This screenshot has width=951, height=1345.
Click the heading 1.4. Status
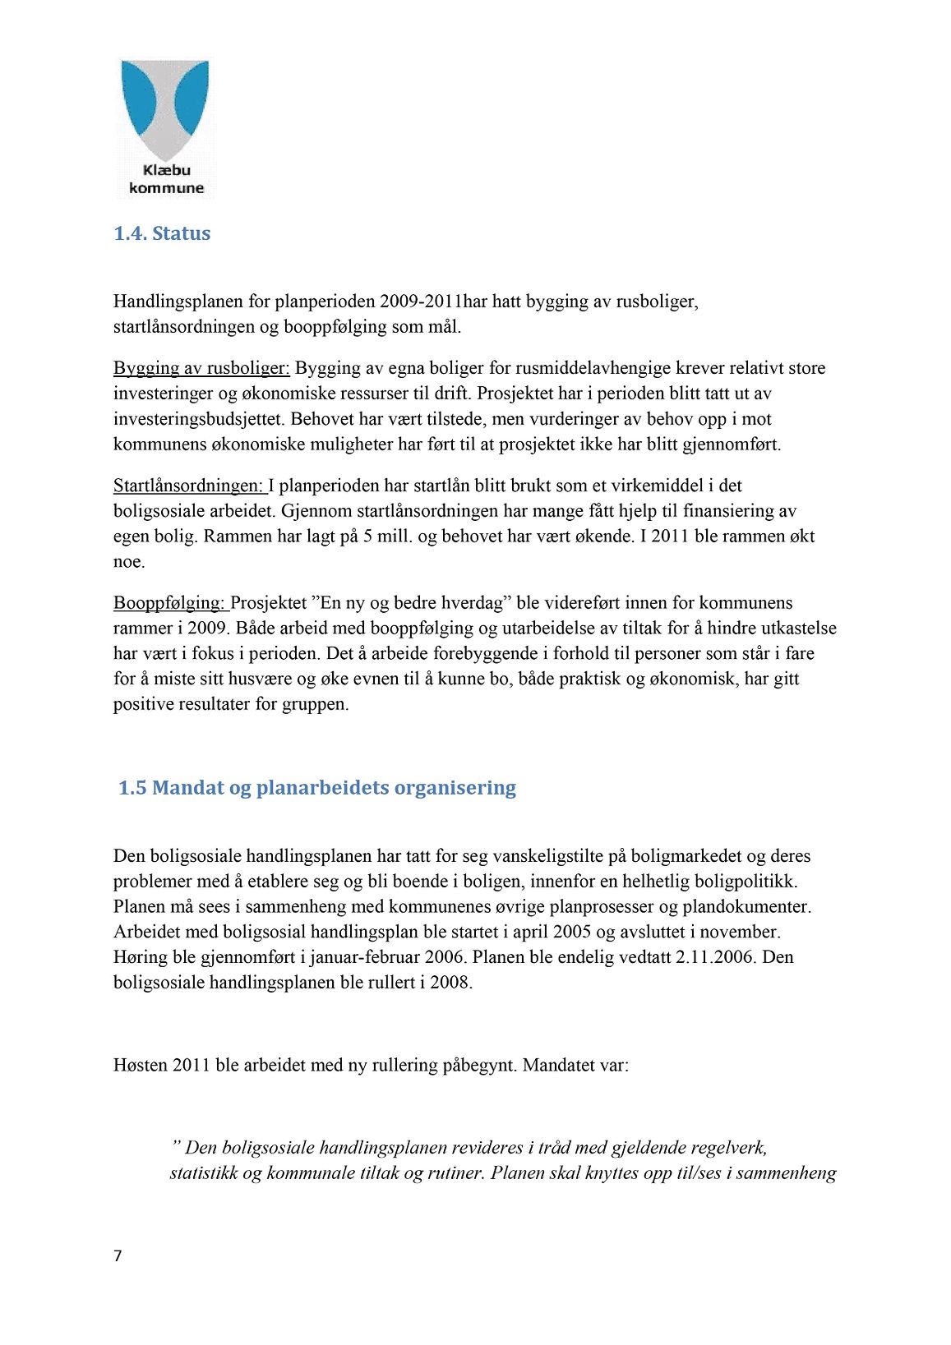pos(162,233)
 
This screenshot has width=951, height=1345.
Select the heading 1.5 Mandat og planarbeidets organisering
pos(317,788)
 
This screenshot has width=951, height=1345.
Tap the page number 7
pos(118,1255)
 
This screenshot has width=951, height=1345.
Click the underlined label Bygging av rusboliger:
pos(201,368)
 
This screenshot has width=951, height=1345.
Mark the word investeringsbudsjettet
pos(200,419)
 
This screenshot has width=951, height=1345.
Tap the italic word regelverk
pos(730,1147)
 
